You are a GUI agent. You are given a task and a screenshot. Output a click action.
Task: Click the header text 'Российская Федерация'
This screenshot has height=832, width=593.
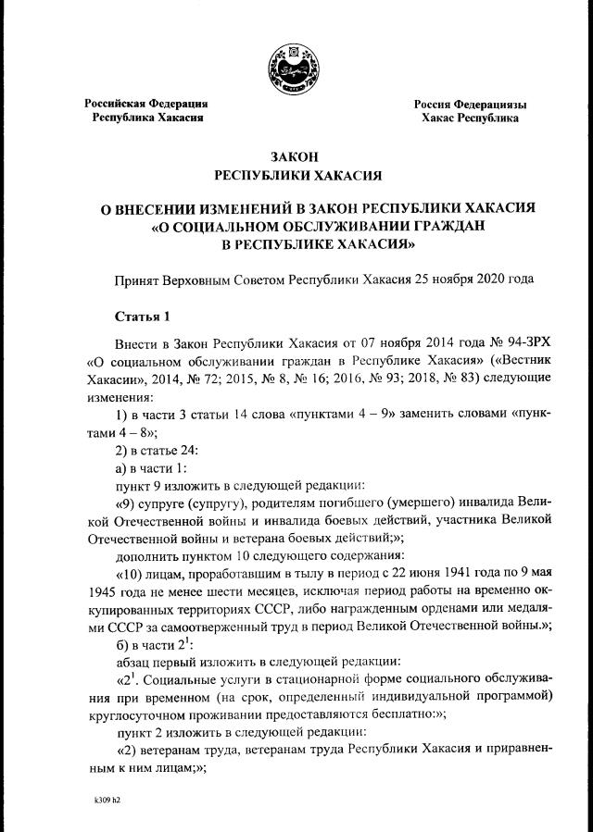coord(146,104)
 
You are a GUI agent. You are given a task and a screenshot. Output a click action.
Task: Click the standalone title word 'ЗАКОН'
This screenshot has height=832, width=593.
coord(296,157)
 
